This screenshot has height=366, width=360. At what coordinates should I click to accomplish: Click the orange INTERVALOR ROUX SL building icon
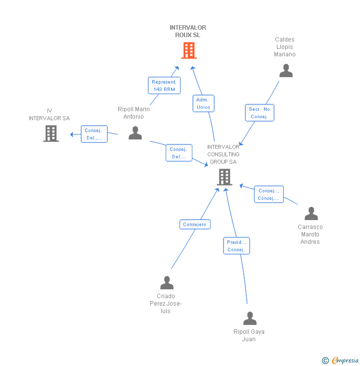pyautogui.click(x=188, y=50)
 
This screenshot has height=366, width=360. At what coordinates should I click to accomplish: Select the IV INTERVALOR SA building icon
pyautogui.click(x=51, y=134)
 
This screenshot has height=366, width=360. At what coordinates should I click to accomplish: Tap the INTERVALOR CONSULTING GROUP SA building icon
pyautogui.click(x=224, y=177)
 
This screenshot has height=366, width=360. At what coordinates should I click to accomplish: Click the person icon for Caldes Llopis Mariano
pyautogui.click(x=286, y=71)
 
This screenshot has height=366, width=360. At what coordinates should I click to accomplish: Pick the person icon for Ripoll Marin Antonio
pyautogui.click(x=135, y=133)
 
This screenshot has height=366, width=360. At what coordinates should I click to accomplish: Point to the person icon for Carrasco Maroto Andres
pyautogui.click(x=311, y=214)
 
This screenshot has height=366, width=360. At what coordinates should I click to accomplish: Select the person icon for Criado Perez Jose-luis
pyautogui.click(x=167, y=283)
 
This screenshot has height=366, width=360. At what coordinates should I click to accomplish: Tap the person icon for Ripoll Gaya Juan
pyautogui.click(x=250, y=319)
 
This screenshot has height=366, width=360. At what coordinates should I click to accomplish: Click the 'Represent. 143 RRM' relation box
pyautogui.click(x=164, y=85)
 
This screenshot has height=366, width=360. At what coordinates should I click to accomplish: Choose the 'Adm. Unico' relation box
pyautogui.click(x=203, y=103)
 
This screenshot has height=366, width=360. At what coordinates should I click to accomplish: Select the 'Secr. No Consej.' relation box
pyautogui.click(x=259, y=113)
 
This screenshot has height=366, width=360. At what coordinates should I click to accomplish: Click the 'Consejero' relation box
pyautogui.click(x=195, y=225)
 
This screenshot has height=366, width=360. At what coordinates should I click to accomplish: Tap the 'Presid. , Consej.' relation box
pyautogui.click(x=236, y=246)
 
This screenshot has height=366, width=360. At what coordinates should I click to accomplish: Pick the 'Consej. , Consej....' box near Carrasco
pyautogui.click(x=269, y=194)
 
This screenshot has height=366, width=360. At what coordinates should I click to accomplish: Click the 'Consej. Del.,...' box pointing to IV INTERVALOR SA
pyautogui.click(x=94, y=134)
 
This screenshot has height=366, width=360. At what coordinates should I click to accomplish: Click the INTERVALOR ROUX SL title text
pyautogui.click(x=188, y=31)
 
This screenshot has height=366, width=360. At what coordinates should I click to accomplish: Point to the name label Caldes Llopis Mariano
pyautogui.click(x=285, y=47)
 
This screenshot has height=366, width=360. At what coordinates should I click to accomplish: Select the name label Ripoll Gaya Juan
pyautogui.click(x=249, y=335)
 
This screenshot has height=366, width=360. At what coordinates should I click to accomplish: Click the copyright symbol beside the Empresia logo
pyautogui.click(x=325, y=361)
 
